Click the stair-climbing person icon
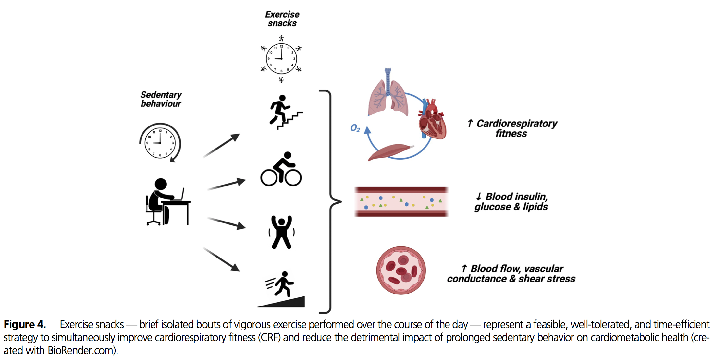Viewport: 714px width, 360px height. tap(284, 112)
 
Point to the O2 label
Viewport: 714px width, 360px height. tap(355, 128)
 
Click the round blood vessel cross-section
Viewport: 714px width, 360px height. tap(401, 270)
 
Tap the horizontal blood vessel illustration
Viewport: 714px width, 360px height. tap(401, 202)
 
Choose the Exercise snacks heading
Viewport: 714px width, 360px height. tap(282, 19)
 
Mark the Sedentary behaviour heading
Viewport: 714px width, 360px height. tap(161, 99)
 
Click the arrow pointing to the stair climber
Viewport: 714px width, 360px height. tap(221, 146)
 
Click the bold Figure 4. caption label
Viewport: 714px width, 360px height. tap(25, 325)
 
